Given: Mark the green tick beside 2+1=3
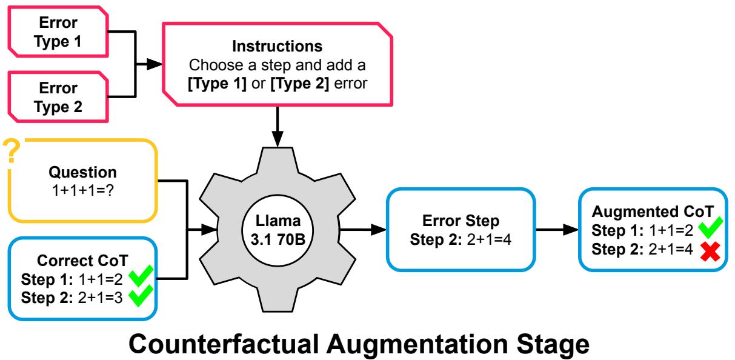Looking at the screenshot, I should (141, 298).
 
